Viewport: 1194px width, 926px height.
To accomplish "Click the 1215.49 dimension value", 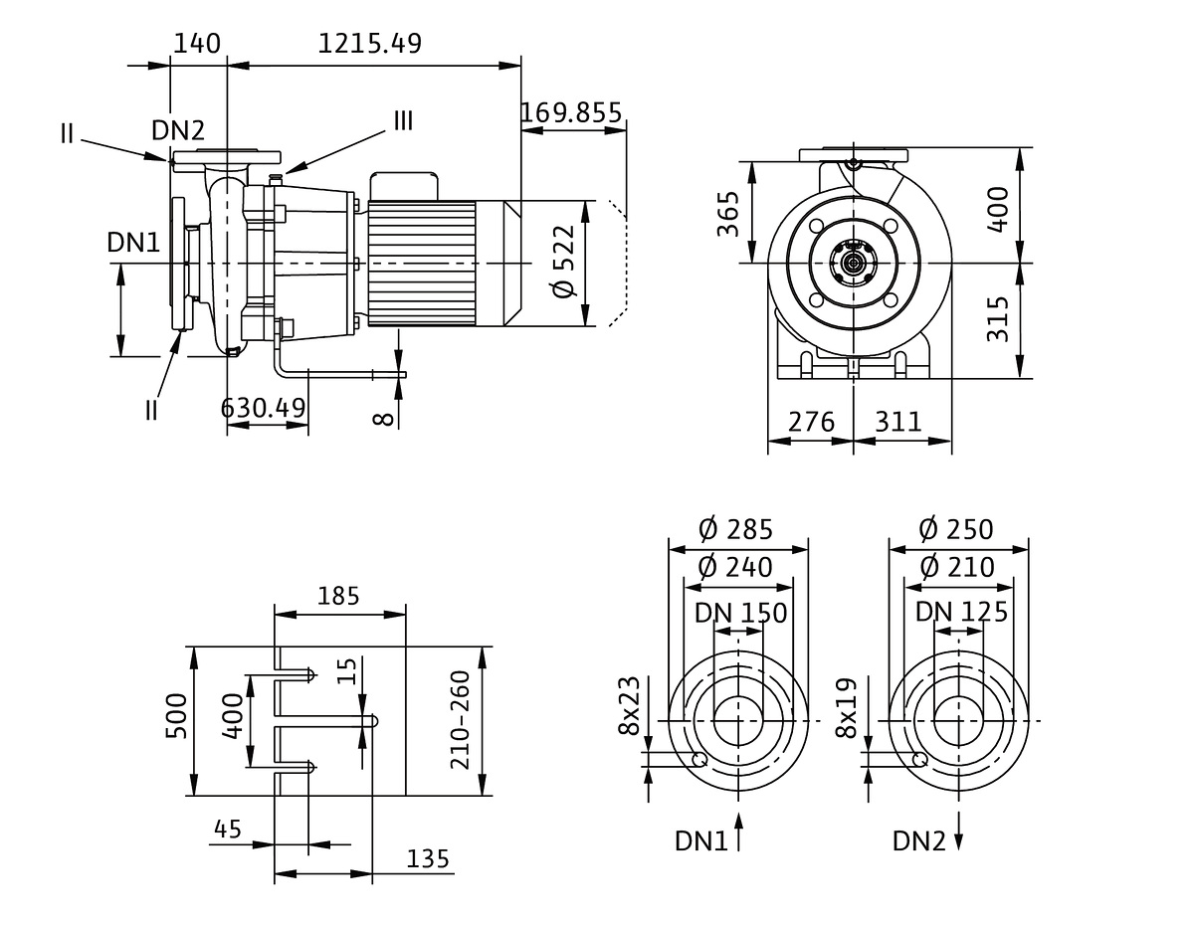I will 369,44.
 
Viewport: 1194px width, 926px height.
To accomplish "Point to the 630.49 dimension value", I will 264,408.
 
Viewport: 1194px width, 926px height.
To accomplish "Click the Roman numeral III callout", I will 403,121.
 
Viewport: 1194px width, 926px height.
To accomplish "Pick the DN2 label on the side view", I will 178,129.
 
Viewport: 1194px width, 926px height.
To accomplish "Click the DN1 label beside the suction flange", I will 134,242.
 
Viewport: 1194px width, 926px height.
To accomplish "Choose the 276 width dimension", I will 811,421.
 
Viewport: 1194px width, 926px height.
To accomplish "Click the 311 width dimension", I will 898,421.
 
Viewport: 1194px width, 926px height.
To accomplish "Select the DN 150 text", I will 740,612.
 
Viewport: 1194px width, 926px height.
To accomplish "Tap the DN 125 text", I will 961,612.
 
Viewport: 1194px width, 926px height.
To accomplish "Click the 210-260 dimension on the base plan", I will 460,722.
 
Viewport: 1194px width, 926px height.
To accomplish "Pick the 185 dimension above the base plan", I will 339,597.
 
